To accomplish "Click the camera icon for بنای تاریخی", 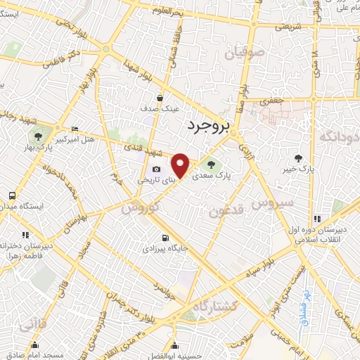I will (155, 169).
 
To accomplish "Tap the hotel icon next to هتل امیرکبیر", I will (75, 129).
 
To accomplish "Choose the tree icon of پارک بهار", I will (38, 136).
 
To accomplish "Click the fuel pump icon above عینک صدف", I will (161, 98).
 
